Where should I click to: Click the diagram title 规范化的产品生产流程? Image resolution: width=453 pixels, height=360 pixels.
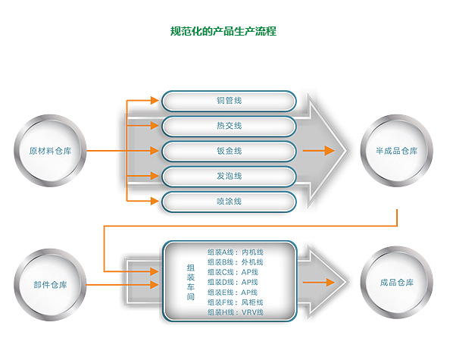point(223,31)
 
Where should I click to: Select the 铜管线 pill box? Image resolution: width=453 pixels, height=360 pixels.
point(229,101)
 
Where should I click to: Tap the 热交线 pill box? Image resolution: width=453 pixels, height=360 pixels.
point(229,126)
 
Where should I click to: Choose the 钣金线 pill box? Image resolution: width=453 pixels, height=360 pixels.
point(229,151)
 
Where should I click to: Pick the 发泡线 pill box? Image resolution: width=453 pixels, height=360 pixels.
point(229,176)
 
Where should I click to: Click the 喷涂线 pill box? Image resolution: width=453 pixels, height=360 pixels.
point(229,202)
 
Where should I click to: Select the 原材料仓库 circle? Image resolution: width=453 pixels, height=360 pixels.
point(50,151)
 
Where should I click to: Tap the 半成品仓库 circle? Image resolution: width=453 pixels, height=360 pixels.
point(397,151)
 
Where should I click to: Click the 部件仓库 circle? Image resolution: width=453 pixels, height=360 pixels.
point(50,285)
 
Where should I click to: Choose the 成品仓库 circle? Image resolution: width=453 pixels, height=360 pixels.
point(397,283)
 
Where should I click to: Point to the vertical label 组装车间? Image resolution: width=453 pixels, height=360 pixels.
point(190,282)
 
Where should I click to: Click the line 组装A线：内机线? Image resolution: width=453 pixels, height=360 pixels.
point(236,252)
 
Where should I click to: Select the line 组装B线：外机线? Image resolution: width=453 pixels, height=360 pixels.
point(236,262)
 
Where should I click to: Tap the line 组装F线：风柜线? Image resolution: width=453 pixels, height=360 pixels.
point(236,302)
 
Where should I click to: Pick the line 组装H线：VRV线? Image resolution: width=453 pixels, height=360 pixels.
point(236,312)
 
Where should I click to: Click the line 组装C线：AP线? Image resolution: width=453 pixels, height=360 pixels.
point(233,272)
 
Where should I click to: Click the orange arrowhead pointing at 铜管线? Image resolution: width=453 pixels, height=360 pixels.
point(155,101)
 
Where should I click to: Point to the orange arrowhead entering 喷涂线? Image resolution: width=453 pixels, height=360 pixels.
point(155,201)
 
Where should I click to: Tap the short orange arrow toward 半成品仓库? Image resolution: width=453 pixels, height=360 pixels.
point(319,151)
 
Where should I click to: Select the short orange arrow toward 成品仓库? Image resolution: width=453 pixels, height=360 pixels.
point(319,282)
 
